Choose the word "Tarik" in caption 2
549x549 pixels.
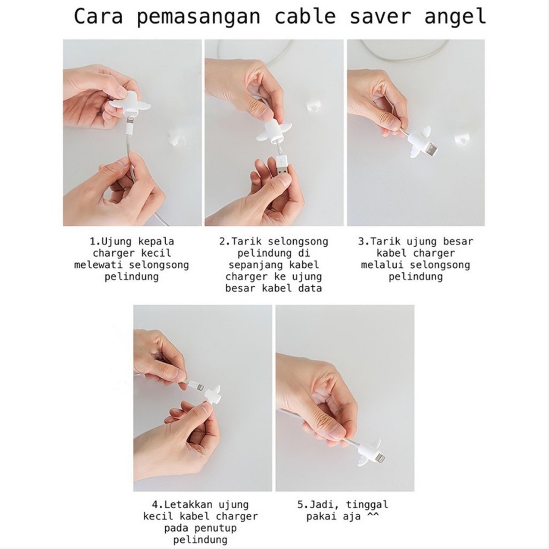point(244,241)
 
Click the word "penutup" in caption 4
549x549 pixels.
point(216,528)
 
